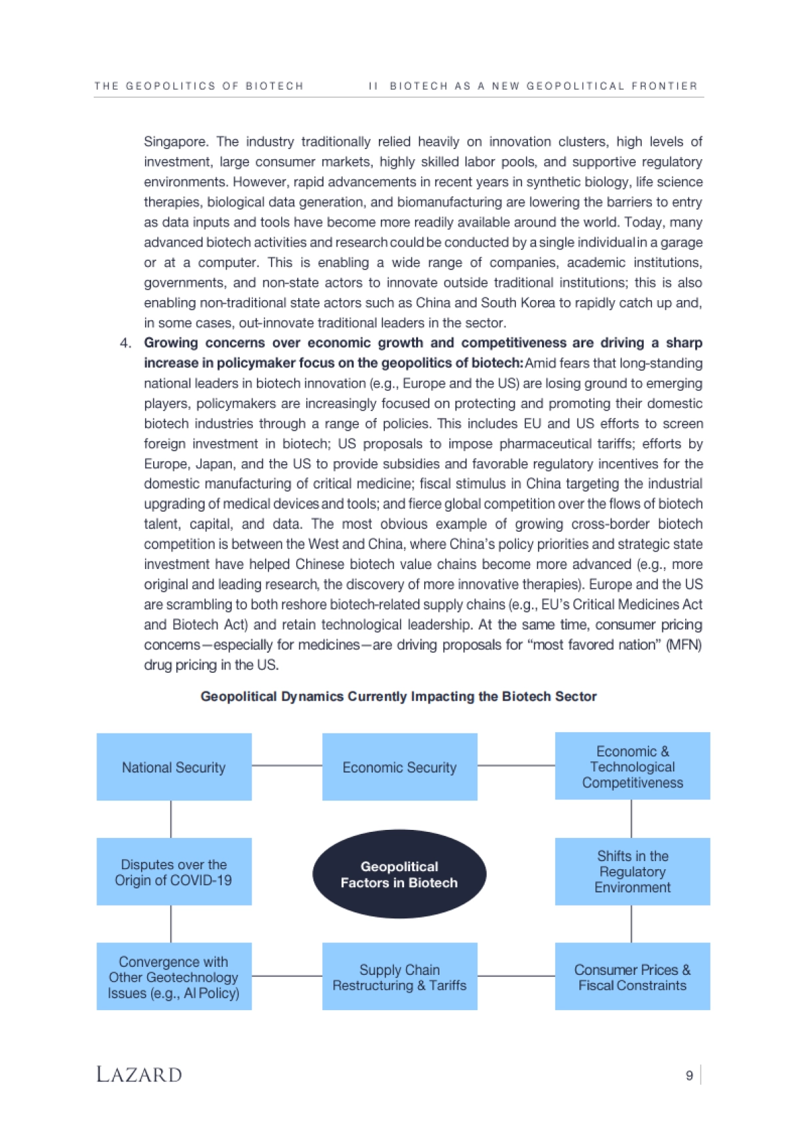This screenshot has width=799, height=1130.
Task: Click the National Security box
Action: pyautogui.click(x=174, y=767)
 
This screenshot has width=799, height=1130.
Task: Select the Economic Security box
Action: pyautogui.click(x=400, y=767)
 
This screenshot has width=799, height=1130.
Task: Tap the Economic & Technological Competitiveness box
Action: pyautogui.click(x=633, y=766)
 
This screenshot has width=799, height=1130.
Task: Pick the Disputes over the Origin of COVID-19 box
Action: pyautogui.click(x=174, y=871)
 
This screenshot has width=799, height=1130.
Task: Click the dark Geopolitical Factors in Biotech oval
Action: pyautogui.click(x=400, y=874)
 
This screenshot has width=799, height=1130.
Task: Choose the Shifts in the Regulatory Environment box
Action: pyautogui.click(x=633, y=871)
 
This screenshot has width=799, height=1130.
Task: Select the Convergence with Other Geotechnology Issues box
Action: pyautogui.click(x=174, y=976)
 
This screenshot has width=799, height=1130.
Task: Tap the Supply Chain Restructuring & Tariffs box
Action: pyautogui.click(x=400, y=976)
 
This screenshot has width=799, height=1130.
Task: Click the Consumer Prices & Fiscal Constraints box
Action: pyautogui.click(x=633, y=976)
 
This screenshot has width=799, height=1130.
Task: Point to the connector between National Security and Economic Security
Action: pyautogui.click(x=287, y=765)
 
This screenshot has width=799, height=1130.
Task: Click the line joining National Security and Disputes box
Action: pyautogui.click(x=171, y=819)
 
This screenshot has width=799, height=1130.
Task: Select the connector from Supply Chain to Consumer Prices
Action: pyautogui.click(x=516, y=976)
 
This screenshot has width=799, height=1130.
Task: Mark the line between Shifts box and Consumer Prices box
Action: pyautogui.click(x=631, y=924)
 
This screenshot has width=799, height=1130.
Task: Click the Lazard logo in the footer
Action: pyautogui.click(x=139, y=1075)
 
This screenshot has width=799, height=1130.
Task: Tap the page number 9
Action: pyautogui.click(x=689, y=1075)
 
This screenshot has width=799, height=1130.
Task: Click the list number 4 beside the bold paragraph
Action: pyautogui.click(x=125, y=343)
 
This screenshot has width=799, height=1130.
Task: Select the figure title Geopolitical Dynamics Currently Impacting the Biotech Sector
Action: pyautogui.click(x=398, y=697)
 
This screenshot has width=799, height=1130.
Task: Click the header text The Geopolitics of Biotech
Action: pyautogui.click(x=198, y=86)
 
